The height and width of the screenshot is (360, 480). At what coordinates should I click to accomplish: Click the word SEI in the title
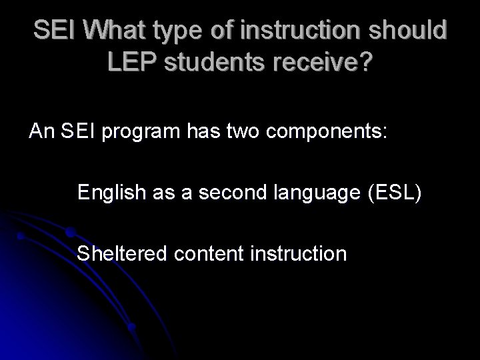pyautogui.click(x=51, y=31)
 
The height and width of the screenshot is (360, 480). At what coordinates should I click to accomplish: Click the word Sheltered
pyautogui.click(x=115, y=254)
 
